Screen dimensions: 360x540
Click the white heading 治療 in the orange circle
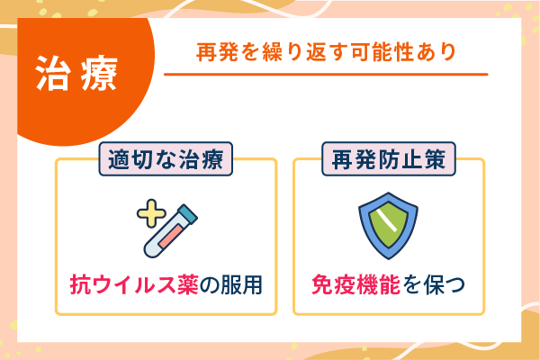click(76, 74)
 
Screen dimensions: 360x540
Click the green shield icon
click(387, 226)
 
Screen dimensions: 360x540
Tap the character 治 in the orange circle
click(53, 74)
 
